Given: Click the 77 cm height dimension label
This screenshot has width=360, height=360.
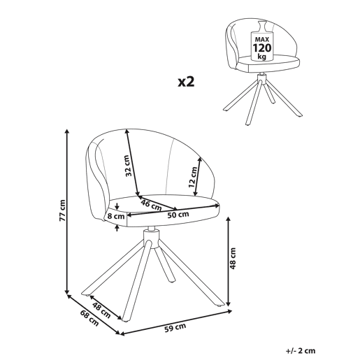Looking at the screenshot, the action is [x=62, y=210].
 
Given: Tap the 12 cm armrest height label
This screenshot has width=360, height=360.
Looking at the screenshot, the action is [x=193, y=177].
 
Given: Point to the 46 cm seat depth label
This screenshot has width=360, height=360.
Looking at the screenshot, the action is [x=152, y=205].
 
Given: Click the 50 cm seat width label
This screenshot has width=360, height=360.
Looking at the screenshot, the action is [x=178, y=215].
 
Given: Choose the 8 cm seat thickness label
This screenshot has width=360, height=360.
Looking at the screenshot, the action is [x=116, y=216].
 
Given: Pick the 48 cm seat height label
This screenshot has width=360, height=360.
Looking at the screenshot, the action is [x=233, y=259].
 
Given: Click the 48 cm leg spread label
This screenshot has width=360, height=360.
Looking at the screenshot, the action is [x=101, y=310].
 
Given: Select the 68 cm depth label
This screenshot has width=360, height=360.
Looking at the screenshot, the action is [x=89, y=318].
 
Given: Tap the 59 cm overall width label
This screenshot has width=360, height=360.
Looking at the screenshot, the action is [x=175, y=328].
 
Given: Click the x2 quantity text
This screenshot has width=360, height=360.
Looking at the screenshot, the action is [x=186, y=82].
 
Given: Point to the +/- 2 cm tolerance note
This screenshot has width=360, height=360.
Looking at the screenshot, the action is [x=301, y=351].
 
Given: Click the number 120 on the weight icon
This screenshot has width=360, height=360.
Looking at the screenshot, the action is [x=262, y=48].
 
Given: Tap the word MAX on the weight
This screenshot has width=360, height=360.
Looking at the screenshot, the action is [x=262, y=39].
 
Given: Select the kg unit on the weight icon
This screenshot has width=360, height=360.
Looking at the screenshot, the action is [x=262, y=57].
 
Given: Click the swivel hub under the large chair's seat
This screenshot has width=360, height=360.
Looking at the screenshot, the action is [x=151, y=238].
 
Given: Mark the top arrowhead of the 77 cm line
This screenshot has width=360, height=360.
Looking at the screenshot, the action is [x=67, y=131].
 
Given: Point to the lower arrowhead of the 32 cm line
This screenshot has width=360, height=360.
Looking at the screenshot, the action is [x=138, y=193].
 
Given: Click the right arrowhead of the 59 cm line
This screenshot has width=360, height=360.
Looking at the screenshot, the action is [x=229, y=311].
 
